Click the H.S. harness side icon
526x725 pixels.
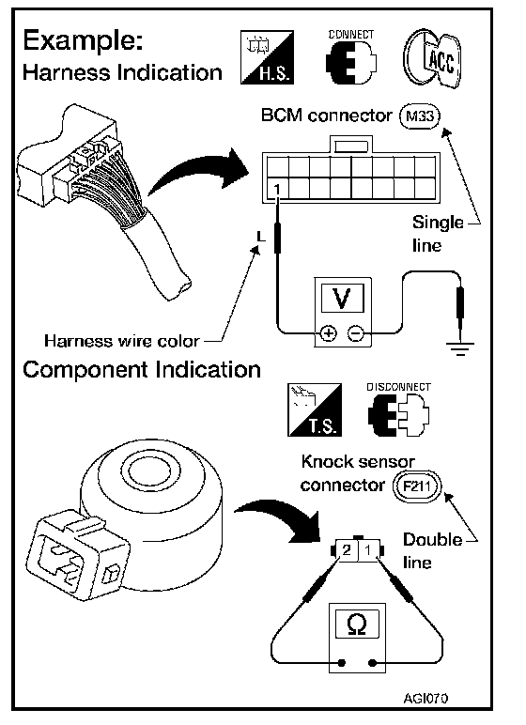click(267, 57)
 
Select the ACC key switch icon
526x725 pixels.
click(432, 59)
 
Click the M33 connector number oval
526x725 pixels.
click(420, 116)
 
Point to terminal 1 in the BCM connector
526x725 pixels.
click(278, 189)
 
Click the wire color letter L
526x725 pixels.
click(261, 237)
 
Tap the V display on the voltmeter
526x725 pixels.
click(342, 299)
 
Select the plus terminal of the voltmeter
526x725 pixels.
click(329, 332)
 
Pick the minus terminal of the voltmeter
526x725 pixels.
click(355, 332)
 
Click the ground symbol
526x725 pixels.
click(460, 347)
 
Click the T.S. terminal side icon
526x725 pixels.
click(315, 409)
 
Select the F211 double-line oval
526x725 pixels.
click(417, 486)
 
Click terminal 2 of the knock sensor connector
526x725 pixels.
click(347, 550)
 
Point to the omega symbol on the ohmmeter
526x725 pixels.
click(357, 625)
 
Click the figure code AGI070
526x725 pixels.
click(425, 698)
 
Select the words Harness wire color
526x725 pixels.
click(122, 341)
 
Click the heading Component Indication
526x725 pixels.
click(142, 370)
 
